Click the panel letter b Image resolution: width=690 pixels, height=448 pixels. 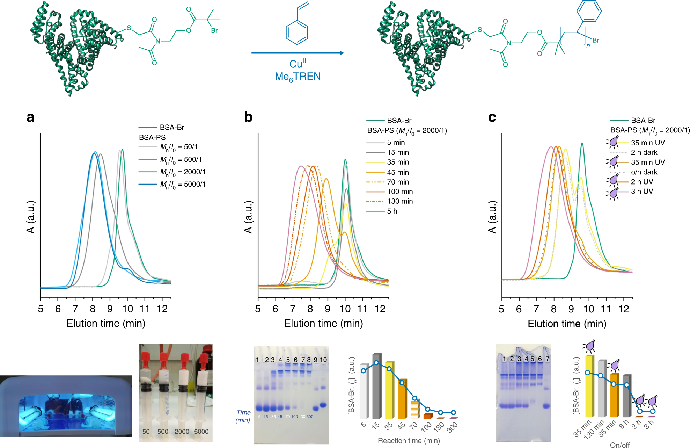point(248,117)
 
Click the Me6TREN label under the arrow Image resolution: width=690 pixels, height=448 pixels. point(298,77)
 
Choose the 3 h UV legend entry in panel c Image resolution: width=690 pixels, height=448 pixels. point(641,192)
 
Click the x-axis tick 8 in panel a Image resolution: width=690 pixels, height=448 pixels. point(93,309)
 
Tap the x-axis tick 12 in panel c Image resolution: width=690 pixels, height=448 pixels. point(624,309)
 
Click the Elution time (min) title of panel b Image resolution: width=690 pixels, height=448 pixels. point(323,323)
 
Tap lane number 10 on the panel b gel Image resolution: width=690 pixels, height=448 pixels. point(323,360)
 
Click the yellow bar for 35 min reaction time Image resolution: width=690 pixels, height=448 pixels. point(389,390)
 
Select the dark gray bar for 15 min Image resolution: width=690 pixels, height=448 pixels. point(376,386)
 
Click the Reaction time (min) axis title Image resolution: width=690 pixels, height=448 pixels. point(409,441)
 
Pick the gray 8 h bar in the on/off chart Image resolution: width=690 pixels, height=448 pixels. point(626,397)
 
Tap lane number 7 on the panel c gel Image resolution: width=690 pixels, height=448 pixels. point(547,359)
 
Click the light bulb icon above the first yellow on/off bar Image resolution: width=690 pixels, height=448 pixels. point(590,346)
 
